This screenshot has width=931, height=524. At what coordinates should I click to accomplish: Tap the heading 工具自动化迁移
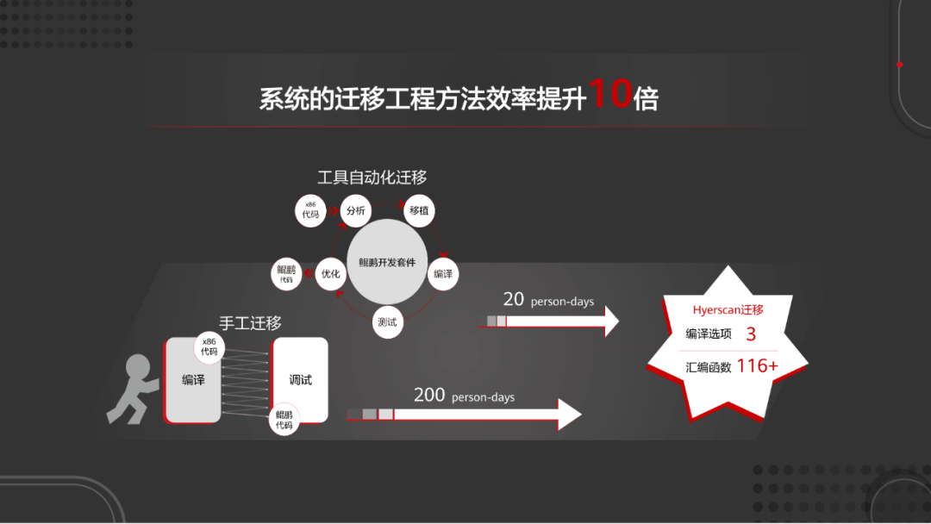(x=372, y=178)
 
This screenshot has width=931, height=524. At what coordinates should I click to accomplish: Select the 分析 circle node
(x=355, y=210)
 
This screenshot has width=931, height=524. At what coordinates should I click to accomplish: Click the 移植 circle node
(x=419, y=210)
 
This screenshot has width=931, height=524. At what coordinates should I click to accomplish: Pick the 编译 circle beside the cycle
(x=443, y=274)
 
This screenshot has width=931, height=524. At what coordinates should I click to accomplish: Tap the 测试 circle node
(x=388, y=322)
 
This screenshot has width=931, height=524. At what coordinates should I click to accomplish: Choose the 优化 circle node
(x=330, y=274)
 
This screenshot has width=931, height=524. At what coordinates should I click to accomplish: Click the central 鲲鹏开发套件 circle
(x=387, y=262)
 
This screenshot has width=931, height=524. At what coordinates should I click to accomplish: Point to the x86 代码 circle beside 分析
(x=310, y=211)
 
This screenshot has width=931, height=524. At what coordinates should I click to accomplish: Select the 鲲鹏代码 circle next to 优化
(x=286, y=274)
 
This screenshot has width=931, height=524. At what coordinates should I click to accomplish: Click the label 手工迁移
(x=250, y=323)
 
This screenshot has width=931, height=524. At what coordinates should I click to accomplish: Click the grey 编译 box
(x=193, y=380)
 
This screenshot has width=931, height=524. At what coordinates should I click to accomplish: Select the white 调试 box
(x=301, y=380)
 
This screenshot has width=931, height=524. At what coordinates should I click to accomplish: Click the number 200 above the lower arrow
(x=429, y=395)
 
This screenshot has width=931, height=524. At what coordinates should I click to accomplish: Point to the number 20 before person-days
(x=514, y=299)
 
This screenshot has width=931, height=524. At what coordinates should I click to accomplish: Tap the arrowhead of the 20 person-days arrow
(x=610, y=321)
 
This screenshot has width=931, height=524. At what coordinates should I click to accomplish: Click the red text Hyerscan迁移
(x=728, y=309)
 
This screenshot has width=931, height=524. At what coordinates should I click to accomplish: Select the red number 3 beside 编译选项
(x=750, y=334)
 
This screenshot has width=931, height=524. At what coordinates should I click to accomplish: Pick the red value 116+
(x=758, y=365)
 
